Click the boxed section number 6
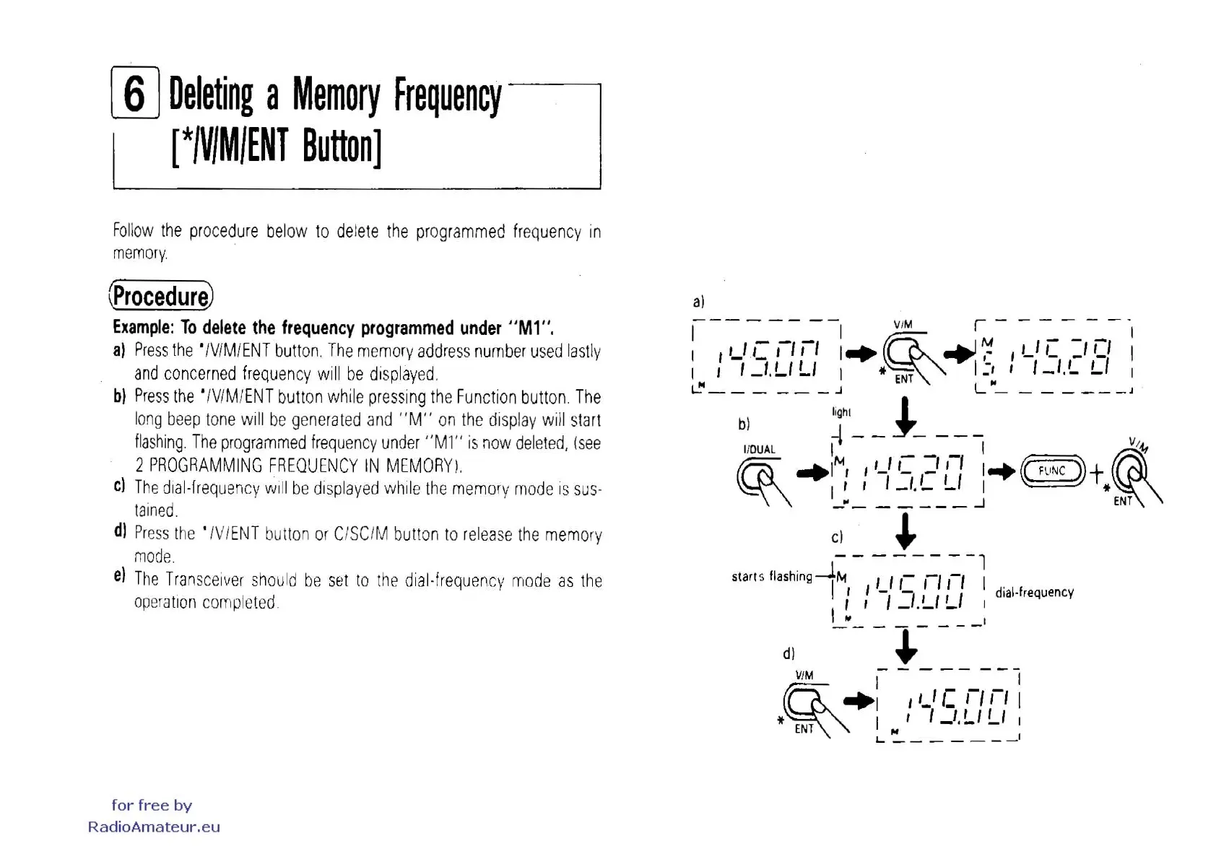point(135,93)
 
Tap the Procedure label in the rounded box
point(161,296)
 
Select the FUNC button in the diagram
point(1052,471)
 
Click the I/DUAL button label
point(759,449)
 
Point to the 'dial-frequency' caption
point(1034,593)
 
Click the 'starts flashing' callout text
point(771,576)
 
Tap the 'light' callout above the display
point(841,412)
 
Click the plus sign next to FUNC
point(1096,474)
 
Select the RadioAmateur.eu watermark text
point(154,827)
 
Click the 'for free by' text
point(152,805)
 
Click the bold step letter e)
point(120,576)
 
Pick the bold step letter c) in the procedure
point(120,485)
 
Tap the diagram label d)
point(789,654)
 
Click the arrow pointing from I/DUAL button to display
point(812,474)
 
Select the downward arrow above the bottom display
point(906,646)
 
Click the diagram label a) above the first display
point(698,302)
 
